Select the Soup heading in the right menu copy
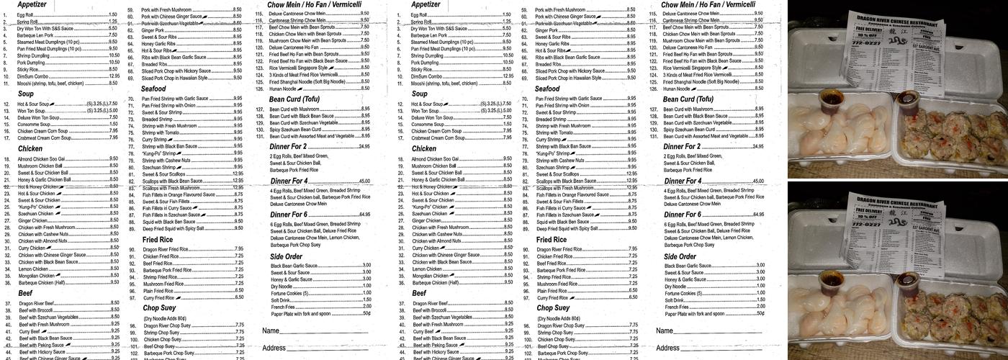pyautogui.click(x=419, y=94)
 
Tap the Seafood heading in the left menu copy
pyautogui.click(x=153, y=89)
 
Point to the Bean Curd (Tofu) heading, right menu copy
pyautogui.click(x=688, y=99)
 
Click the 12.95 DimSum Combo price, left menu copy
pyautogui.click(x=114, y=76)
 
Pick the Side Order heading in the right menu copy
pyautogui.click(x=680, y=256)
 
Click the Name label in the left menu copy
pyautogui.click(x=270, y=330)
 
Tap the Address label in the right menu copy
pyautogui.click(x=668, y=348)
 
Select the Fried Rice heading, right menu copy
pyautogui.click(x=551, y=239)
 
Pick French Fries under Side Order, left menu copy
pyautogui.click(x=283, y=307)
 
